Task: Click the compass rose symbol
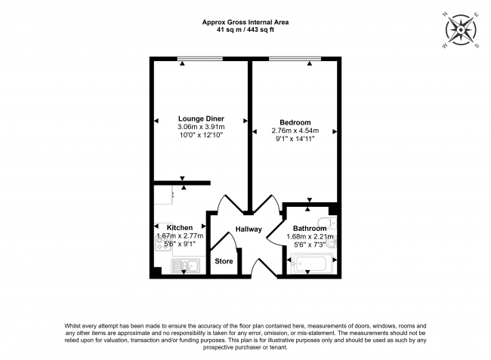coord(461,29)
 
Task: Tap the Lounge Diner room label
coord(200,118)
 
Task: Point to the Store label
coord(224,261)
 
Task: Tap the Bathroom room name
coord(310,229)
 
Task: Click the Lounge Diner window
coord(200,59)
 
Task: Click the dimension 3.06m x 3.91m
coord(200,128)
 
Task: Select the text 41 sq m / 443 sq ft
coord(246,31)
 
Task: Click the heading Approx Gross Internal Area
coord(246,23)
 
